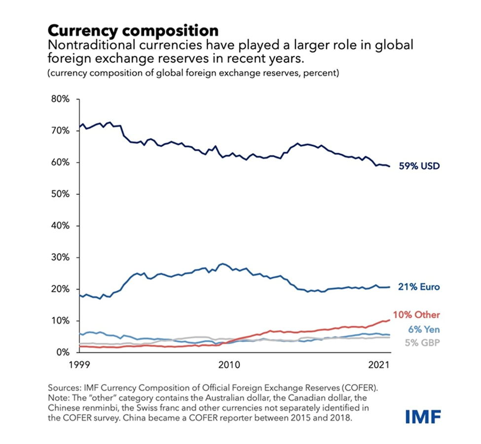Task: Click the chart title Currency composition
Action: click(133, 31)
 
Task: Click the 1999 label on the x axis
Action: click(79, 366)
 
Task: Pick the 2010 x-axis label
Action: click(228, 366)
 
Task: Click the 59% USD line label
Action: click(419, 166)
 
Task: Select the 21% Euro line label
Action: click(419, 287)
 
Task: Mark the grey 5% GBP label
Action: click(422, 342)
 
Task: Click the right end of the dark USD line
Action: click(390, 166)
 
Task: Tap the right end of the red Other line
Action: click(390, 320)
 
